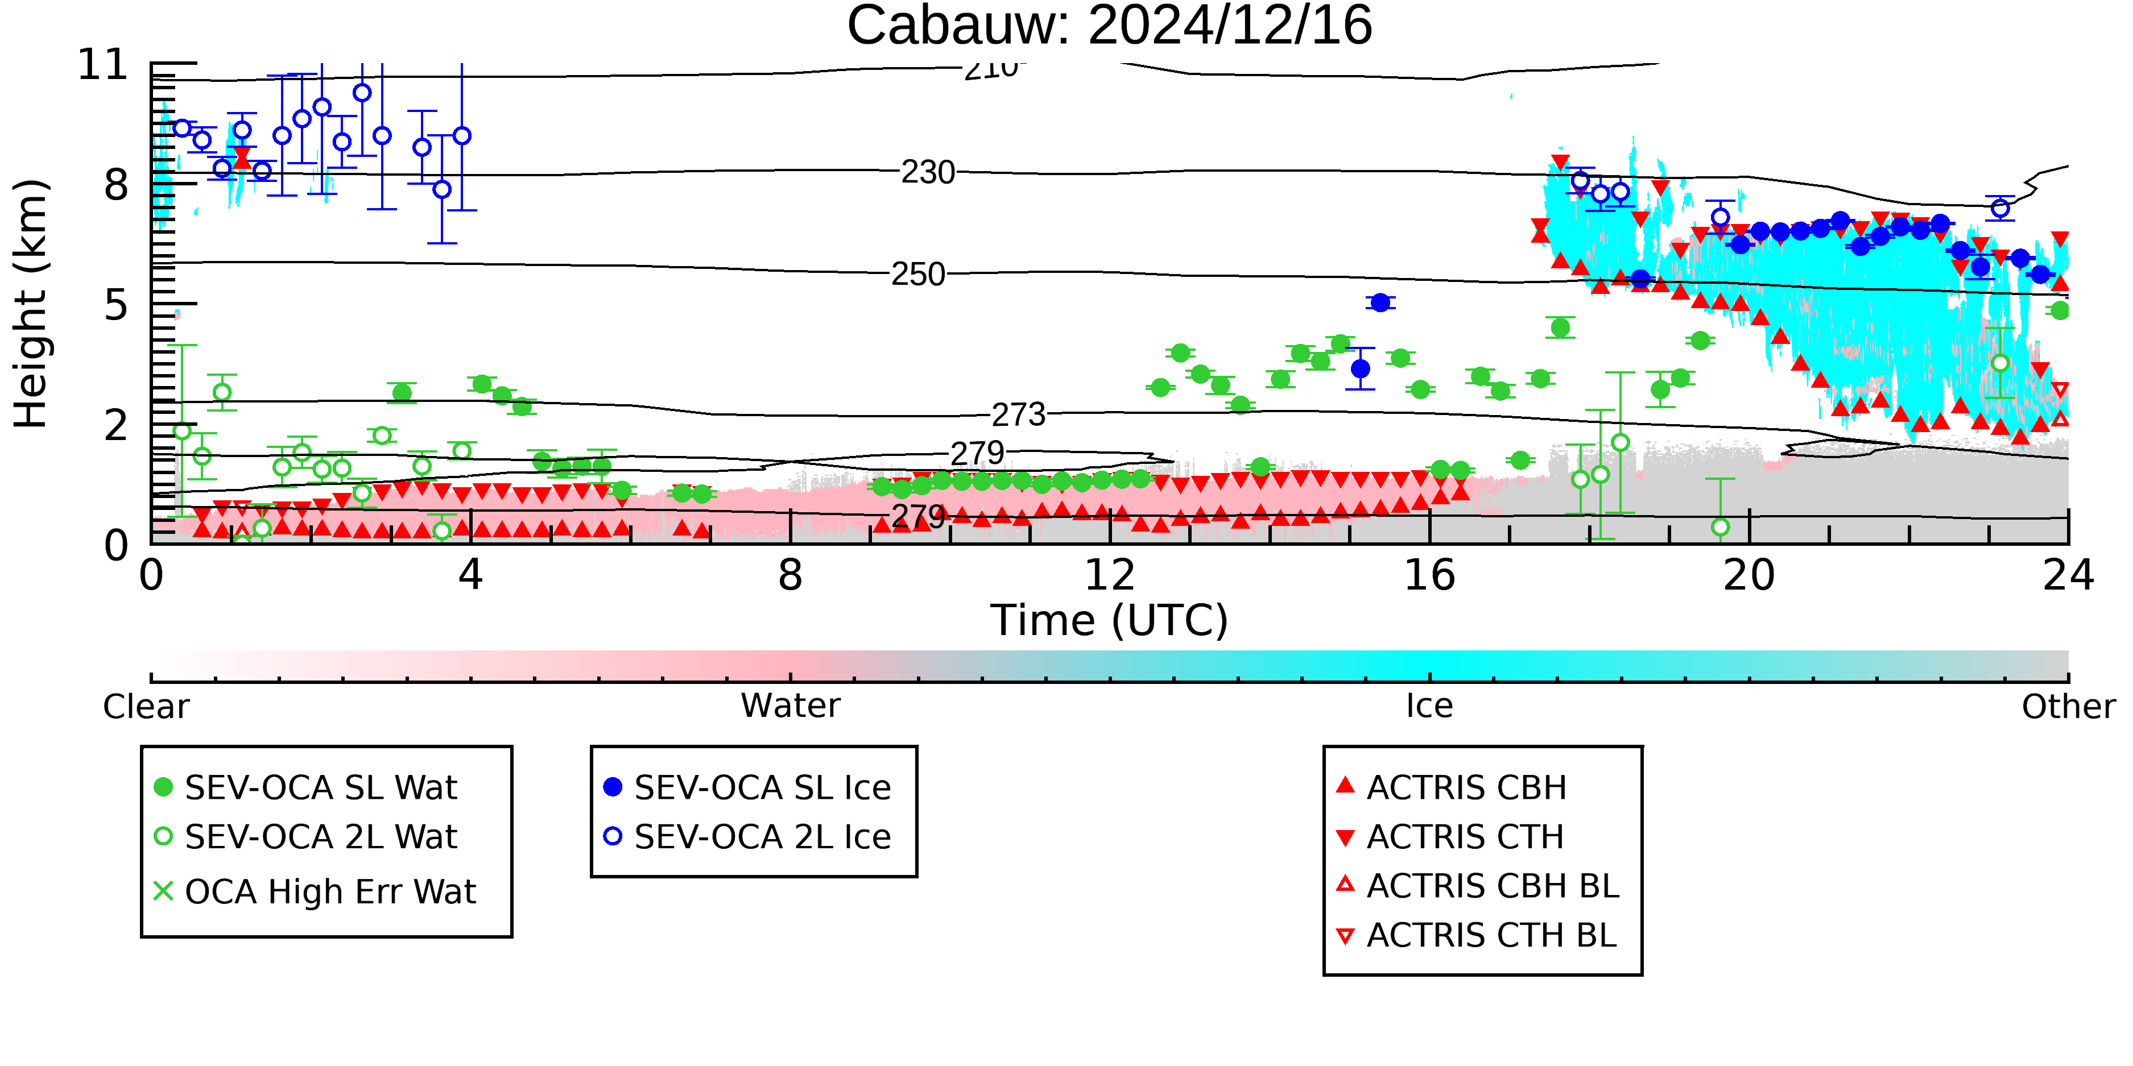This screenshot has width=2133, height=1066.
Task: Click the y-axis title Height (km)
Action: [x=31, y=304]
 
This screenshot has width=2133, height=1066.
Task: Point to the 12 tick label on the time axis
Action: [x=1110, y=575]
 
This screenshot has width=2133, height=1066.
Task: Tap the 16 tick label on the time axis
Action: [x=1429, y=575]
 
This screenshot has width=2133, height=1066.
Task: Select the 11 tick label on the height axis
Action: [x=103, y=65]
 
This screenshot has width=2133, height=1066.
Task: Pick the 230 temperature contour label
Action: [x=927, y=172]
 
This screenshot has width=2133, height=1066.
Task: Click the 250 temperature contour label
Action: [x=917, y=274]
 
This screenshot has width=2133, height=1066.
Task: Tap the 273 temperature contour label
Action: [x=1019, y=414]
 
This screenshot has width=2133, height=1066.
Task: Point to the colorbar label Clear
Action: [x=146, y=707]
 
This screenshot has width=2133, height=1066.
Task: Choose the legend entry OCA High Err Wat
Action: [x=315, y=891]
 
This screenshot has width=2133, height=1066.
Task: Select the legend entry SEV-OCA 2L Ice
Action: [x=748, y=837]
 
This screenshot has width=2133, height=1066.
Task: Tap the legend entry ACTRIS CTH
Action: [x=1450, y=837]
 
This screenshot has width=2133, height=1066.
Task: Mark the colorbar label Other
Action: [x=2068, y=707]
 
